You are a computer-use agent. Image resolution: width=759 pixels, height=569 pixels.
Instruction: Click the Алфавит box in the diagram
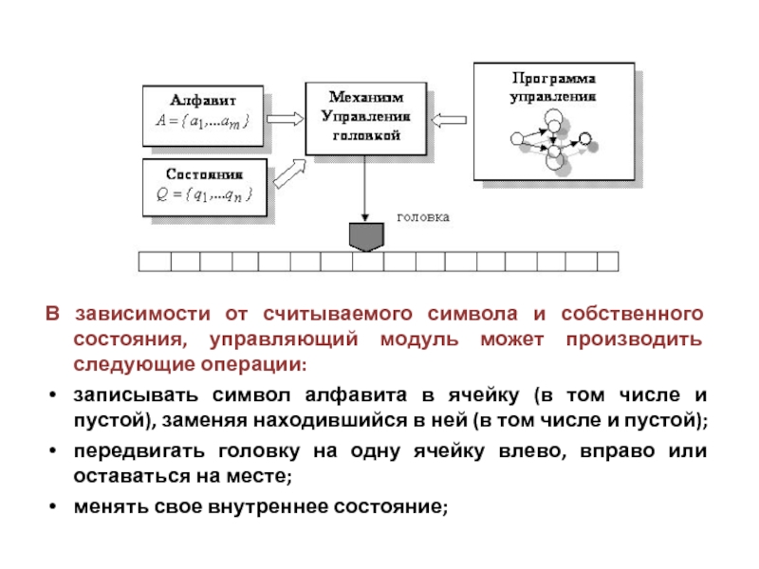point(202,112)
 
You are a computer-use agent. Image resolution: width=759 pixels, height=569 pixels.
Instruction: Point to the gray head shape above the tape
point(364,234)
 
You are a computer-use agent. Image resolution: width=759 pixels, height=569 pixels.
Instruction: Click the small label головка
point(421,216)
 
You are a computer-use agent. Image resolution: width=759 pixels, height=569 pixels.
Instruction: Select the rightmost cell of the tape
point(607,260)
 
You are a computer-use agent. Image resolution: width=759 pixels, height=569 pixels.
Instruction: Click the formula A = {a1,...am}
point(202,121)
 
